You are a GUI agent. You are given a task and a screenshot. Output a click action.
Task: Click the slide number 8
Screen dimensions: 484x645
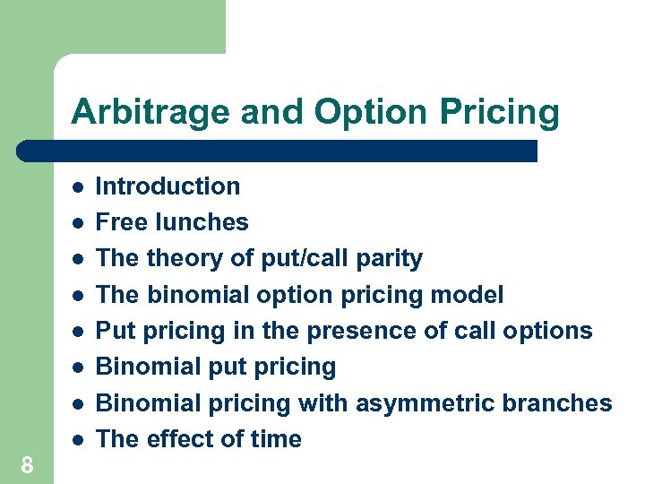point(27,464)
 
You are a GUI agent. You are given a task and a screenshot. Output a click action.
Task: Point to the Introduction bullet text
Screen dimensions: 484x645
point(168,186)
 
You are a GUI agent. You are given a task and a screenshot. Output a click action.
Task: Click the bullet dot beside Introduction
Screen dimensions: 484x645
point(79,186)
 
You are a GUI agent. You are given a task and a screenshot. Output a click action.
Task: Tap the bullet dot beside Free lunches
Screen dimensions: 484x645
point(79,222)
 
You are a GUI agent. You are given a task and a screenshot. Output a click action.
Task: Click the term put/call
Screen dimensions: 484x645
point(291,259)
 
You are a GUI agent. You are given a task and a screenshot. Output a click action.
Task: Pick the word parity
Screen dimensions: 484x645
point(389,259)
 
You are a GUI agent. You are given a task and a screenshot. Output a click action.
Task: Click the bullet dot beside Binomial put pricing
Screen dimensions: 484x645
point(79,367)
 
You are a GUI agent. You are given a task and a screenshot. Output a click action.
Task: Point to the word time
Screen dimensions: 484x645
point(275,439)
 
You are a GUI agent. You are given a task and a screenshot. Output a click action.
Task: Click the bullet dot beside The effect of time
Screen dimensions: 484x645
point(79,439)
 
